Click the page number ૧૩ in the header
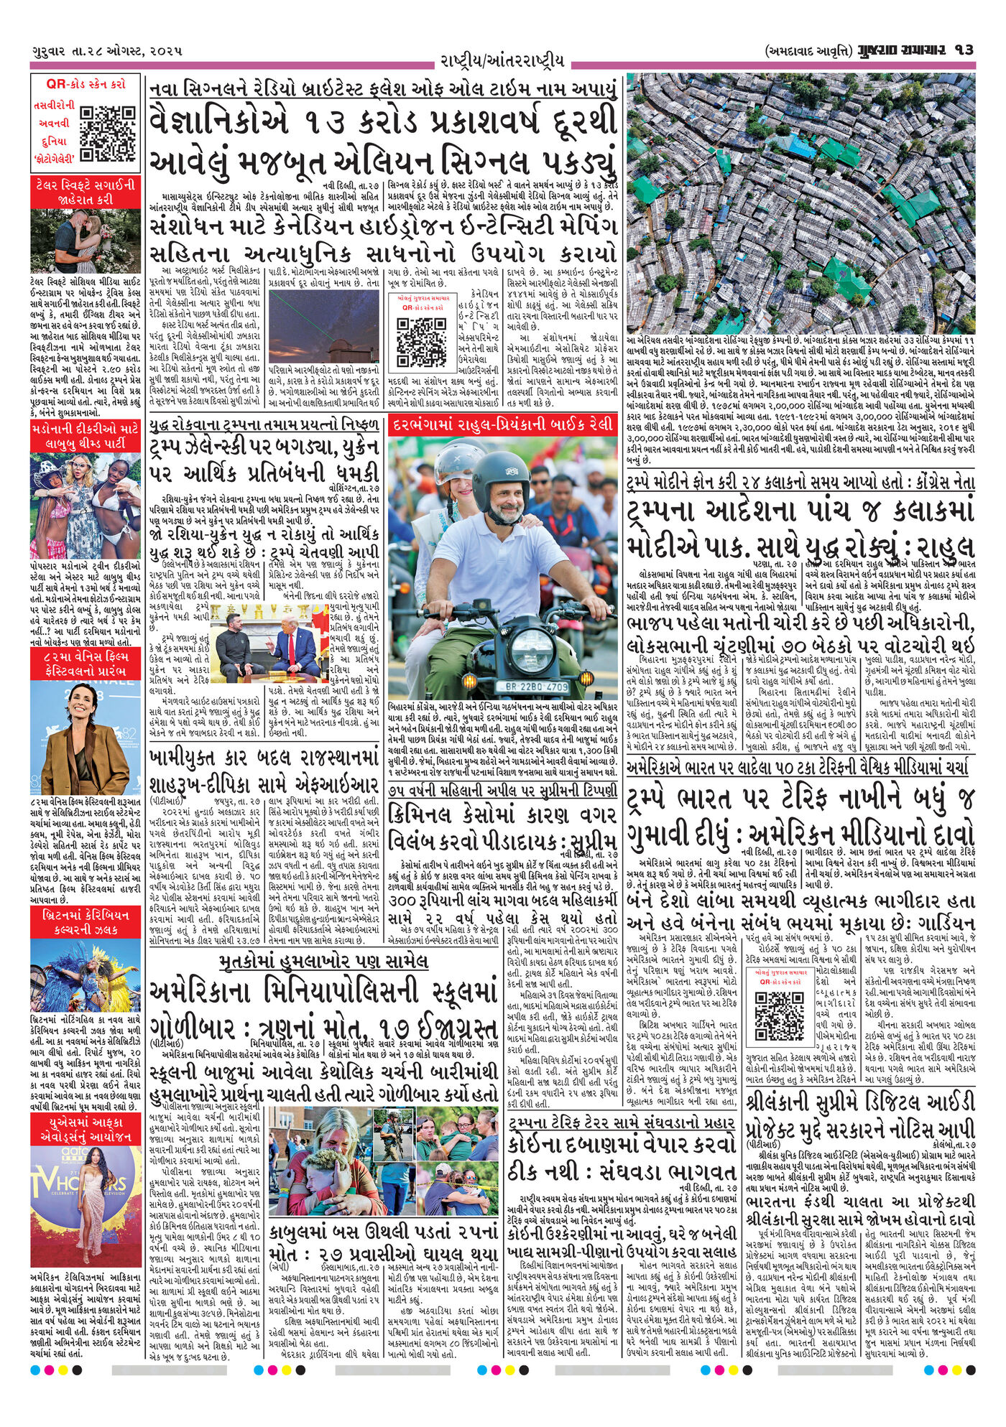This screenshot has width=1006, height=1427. pyautogui.click(x=964, y=50)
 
